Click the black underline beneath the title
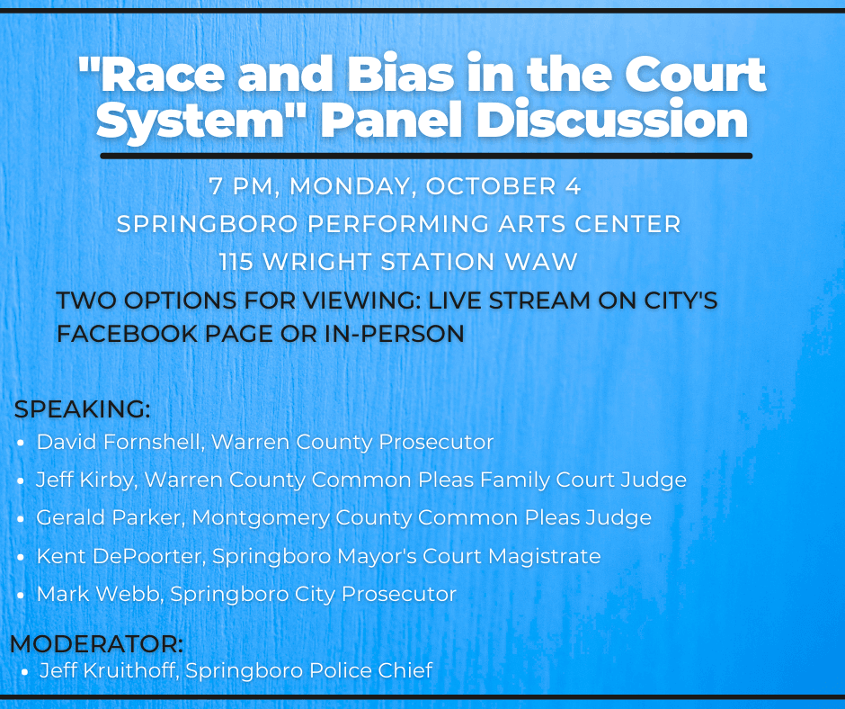click(x=426, y=156)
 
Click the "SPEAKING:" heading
click(x=82, y=409)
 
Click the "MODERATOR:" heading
click(x=96, y=645)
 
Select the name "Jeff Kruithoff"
click(x=107, y=670)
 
